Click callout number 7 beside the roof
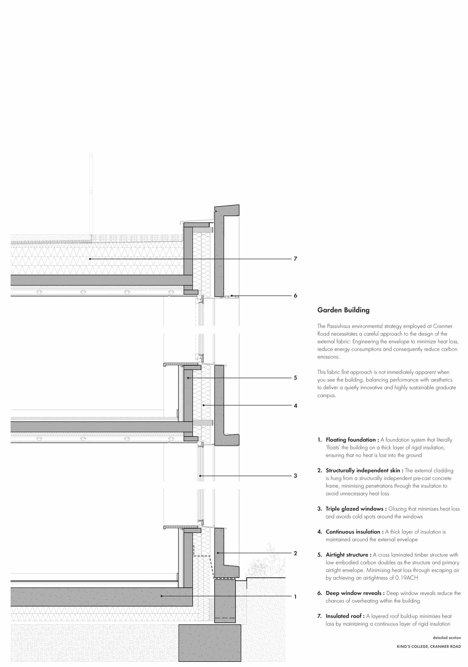tap(295, 258)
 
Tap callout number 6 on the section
tap(295, 295)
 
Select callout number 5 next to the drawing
tap(295, 378)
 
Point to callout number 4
tap(295, 406)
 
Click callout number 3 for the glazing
tap(295, 476)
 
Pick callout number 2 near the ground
tap(295, 553)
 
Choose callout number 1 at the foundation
tap(295, 597)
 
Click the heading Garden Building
tap(343, 310)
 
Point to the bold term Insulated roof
tap(345, 616)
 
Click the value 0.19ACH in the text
tap(406, 578)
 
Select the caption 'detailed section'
tap(447, 638)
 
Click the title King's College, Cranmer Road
tap(429, 646)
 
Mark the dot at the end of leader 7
tap(90, 259)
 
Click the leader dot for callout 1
tap(161, 597)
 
